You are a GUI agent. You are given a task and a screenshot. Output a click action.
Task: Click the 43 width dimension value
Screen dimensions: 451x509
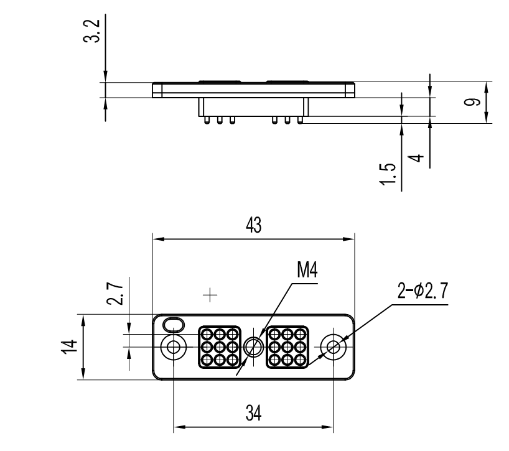point(253,226)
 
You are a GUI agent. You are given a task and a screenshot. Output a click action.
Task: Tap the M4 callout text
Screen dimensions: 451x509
point(307,271)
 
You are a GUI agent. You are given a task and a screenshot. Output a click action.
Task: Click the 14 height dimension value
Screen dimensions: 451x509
point(73,347)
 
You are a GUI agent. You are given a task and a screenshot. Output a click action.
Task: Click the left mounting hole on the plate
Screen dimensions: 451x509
point(172,347)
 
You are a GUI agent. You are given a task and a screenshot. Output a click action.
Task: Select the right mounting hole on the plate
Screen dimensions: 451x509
point(334,347)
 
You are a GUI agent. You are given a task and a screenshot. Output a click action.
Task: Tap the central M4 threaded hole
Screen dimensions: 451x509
point(253,347)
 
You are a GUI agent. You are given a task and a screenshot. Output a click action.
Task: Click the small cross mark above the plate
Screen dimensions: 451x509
point(212,292)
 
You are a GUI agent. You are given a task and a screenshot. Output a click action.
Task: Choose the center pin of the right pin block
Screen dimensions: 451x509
point(287,346)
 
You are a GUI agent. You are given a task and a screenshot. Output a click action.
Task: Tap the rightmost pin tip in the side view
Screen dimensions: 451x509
point(300,121)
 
